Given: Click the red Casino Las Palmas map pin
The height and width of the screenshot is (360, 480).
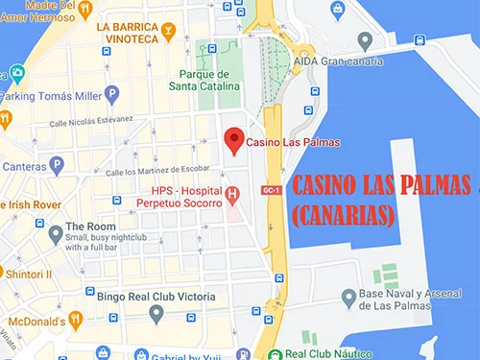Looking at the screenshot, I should pyautogui.click(x=231, y=140).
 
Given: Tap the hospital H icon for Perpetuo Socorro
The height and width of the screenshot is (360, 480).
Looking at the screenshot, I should pyautogui.click(x=231, y=197).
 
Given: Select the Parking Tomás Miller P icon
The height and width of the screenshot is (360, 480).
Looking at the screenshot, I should pyautogui.click(x=111, y=94).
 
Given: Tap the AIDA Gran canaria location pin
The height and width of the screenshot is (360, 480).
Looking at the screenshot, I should pyautogui.click(x=364, y=40).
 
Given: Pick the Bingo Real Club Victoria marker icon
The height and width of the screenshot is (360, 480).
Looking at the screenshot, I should pyautogui.click(x=156, y=315).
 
